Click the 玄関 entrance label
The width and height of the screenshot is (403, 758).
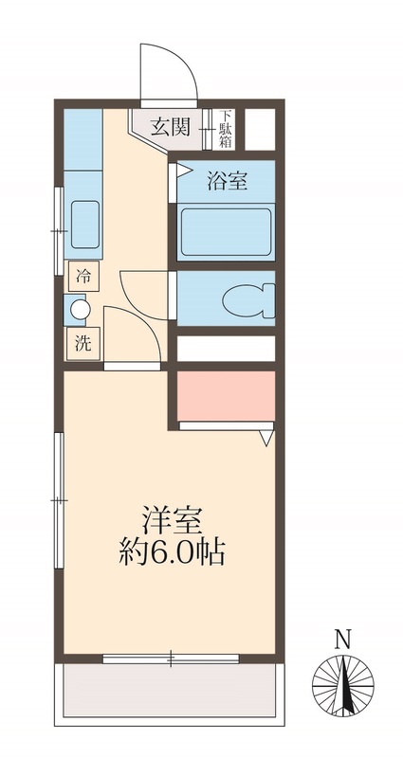click(x=172, y=124)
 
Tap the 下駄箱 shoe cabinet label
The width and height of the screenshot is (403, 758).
click(x=226, y=127)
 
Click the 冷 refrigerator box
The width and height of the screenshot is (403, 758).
click(x=84, y=277)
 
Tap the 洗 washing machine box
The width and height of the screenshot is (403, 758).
click(x=83, y=343)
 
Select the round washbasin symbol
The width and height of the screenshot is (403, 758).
click(x=80, y=309)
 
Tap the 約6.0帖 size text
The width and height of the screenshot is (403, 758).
click(x=172, y=552)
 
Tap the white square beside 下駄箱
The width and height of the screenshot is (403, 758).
click(x=261, y=127)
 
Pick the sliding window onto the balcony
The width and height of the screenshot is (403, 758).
click(x=171, y=658)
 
